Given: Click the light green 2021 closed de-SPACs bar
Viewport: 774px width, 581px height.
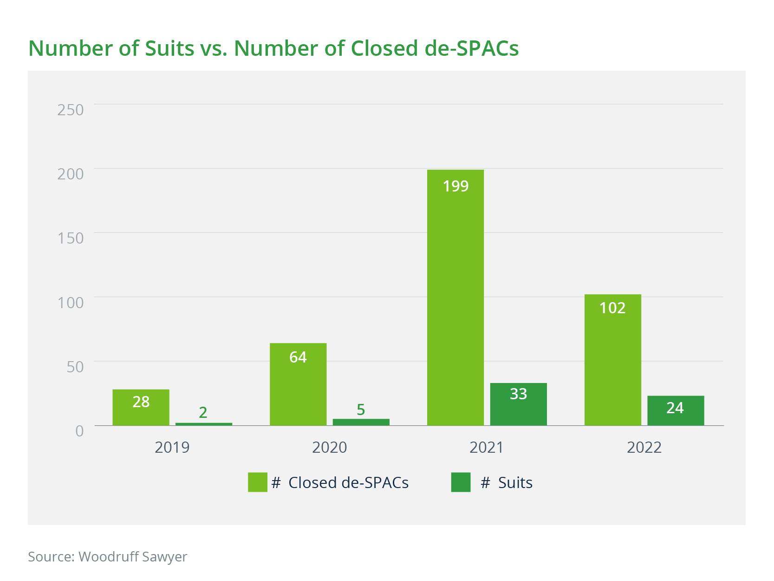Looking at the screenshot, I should click(x=455, y=297).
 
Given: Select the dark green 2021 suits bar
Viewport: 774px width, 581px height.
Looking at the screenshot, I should click(x=518, y=404).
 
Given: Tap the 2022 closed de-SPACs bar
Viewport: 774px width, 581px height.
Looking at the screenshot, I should click(x=612, y=360).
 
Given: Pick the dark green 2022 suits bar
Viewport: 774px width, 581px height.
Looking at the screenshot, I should click(x=676, y=410).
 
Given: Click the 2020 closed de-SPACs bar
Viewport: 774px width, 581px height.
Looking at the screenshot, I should click(x=298, y=384).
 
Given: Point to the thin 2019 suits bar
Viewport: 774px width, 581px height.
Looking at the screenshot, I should click(x=203, y=424).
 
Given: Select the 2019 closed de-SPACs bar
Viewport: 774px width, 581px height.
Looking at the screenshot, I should click(x=141, y=407).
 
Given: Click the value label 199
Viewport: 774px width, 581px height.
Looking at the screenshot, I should click(x=455, y=186).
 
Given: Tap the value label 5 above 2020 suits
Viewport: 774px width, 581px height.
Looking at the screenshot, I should click(x=361, y=409).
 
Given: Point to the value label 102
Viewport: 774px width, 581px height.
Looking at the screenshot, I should click(x=612, y=308).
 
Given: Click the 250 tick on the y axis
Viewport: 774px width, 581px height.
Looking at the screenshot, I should click(x=71, y=110).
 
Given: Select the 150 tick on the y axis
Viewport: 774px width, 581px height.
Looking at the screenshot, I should click(x=71, y=238).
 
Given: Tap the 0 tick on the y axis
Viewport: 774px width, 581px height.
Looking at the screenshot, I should click(x=79, y=431).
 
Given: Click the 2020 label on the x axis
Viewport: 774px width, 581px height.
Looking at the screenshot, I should click(x=329, y=447).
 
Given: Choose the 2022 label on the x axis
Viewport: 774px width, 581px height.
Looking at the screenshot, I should click(x=644, y=447).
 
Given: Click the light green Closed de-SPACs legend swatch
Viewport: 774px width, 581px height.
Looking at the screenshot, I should click(x=257, y=482).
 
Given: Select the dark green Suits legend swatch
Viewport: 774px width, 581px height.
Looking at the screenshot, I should click(x=461, y=482).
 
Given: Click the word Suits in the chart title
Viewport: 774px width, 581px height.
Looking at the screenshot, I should click(x=169, y=48).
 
